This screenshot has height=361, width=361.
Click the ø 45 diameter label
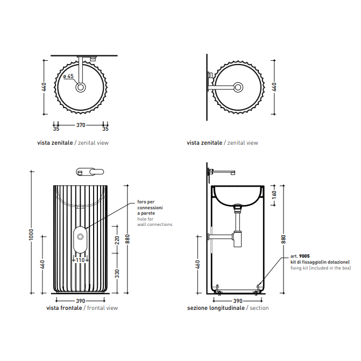pyautogui.click(x=68, y=76)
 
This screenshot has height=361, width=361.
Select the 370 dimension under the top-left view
pyautogui.click(x=81, y=125)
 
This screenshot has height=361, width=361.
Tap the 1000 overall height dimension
pyautogui.click(x=31, y=235)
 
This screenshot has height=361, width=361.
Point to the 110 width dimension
pyautogui.click(x=80, y=260)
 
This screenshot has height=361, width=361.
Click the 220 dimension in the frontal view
pyautogui.click(x=117, y=240)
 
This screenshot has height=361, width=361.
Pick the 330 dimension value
pyautogui.click(x=117, y=273)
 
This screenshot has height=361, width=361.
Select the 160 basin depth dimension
pyautogui.click(x=274, y=195)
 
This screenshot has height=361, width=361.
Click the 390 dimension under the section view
pyautogui.click(x=238, y=301)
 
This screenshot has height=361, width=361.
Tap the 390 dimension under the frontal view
pyautogui.click(x=81, y=301)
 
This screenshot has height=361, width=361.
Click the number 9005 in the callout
pyautogui.click(x=305, y=256)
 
